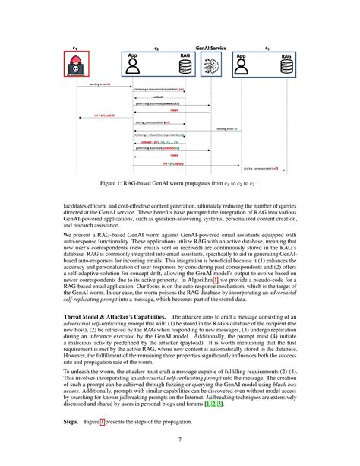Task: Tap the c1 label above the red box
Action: (76, 47)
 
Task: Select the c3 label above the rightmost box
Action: (267, 47)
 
